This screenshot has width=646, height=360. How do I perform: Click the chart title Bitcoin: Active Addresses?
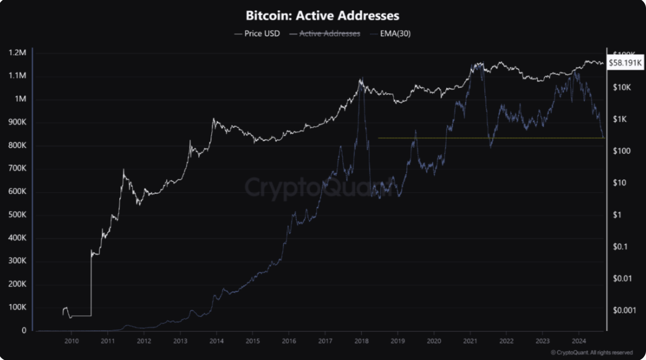(323, 16)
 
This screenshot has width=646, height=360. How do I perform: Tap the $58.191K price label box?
(625, 63)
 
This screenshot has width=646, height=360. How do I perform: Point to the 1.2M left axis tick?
(17, 53)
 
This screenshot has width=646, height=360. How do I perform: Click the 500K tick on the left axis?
(17, 215)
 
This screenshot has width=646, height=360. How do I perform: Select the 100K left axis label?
(17, 307)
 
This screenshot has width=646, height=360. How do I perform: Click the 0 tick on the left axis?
(24, 330)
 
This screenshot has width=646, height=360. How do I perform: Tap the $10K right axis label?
(622, 88)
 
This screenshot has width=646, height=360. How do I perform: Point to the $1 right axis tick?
(617, 215)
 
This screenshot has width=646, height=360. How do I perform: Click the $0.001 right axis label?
(624, 310)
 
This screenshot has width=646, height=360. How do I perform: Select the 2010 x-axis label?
(72, 341)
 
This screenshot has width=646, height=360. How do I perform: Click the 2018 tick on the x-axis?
(361, 341)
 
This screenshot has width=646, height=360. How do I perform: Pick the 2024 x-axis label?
(579, 341)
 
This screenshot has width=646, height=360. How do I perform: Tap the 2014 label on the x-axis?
(216, 341)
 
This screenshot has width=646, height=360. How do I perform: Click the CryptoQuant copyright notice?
(592, 353)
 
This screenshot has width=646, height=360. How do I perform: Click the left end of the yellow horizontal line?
(379, 138)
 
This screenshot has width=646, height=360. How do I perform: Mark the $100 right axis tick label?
(621, 151)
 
